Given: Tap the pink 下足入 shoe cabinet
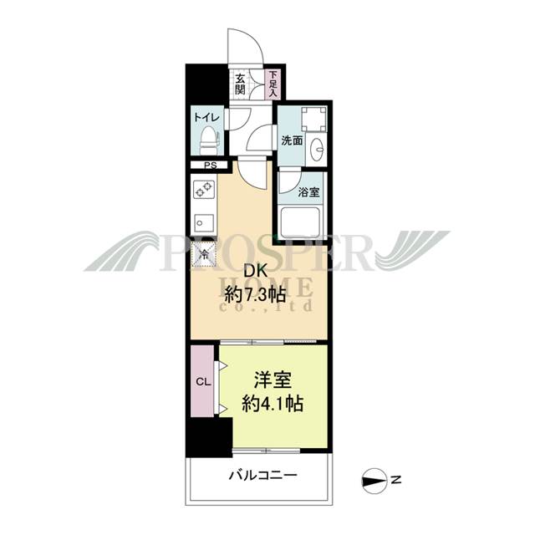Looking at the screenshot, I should point(273,84).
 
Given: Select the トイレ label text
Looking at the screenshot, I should point(206,118).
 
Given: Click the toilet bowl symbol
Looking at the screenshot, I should point(208,140).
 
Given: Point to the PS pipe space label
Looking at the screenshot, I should point(211,166).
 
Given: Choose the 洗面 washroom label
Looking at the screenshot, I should point(292,140).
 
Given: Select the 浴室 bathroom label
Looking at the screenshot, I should point(308,191).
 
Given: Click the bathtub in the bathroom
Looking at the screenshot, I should point(303,222).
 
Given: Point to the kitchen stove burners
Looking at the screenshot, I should point(204,191).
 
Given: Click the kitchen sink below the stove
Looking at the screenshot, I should point(203,223).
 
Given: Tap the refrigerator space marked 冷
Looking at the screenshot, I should point(204,252).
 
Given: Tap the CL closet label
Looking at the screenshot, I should point(202,382).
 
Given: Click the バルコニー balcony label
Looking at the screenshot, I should point(262,476).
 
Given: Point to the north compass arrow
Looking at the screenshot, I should point(376,479).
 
